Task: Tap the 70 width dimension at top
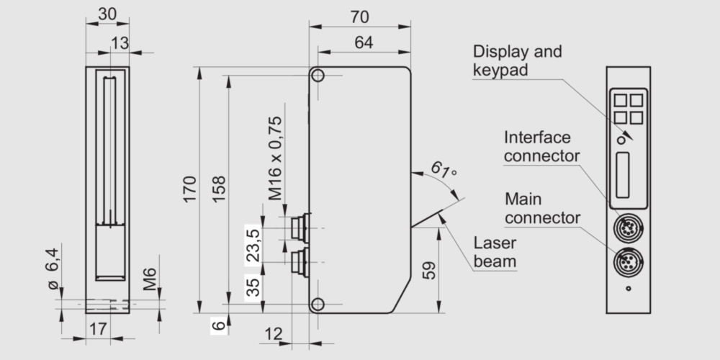pos(360,17)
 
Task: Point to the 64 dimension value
pos(364,42)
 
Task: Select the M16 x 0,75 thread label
pos(276,158)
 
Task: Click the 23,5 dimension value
pos(252,244)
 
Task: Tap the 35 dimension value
pos(252,287)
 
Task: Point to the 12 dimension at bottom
pos(274,333)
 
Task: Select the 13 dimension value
pos(120,43)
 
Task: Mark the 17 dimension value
pos(99,329)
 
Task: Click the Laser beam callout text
pos(495,251)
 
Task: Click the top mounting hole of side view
pos(318,76)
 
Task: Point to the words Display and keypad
pos(517,60)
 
